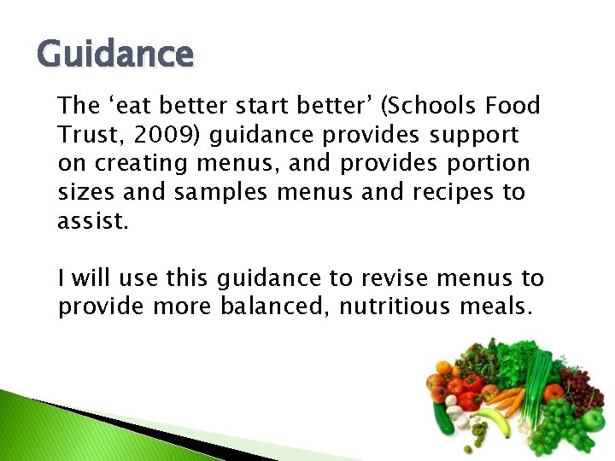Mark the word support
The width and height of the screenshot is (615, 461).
(474, 134)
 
